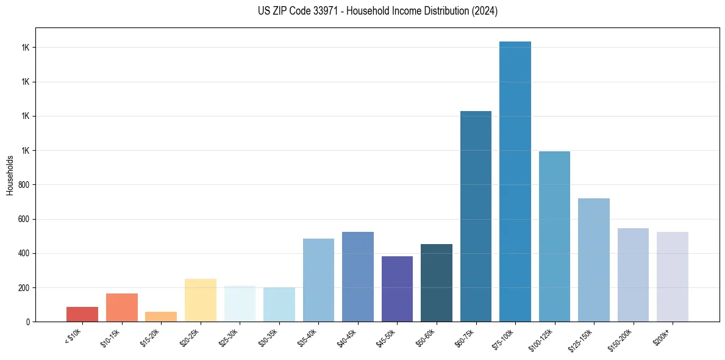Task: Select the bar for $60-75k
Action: [x=476, y=216]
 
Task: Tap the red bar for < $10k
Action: [x=82, y=314]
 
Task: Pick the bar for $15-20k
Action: [x=161, y=317]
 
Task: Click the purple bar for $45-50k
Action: [x=397, y=289]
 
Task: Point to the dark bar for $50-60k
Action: [x=437, y=283]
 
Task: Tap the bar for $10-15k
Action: [x=122, y=308]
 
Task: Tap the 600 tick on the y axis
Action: [x=24, y=219]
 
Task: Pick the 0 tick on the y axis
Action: [x=28, y=322]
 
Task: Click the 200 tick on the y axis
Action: [x=24, y=287]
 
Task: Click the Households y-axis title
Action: [x=10, y=175]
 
